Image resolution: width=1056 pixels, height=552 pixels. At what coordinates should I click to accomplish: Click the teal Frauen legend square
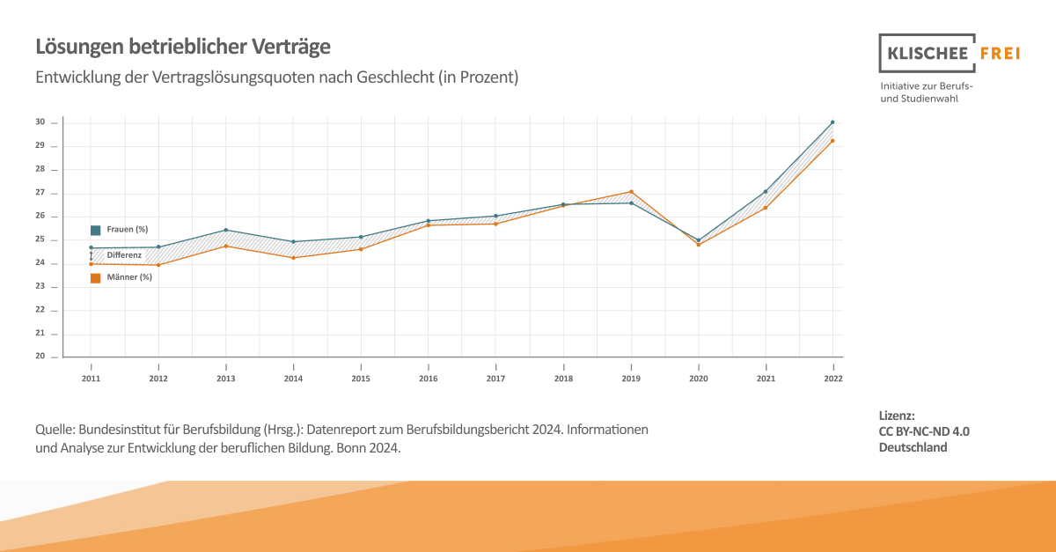point(95,230)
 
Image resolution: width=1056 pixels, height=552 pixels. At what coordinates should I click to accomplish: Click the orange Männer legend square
point(95,278)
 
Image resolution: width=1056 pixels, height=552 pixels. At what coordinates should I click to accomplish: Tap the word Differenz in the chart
point(124,254)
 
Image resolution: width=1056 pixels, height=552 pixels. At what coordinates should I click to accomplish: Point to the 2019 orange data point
point(631,192)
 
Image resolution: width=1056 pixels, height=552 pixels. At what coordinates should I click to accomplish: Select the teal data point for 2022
point(832,122)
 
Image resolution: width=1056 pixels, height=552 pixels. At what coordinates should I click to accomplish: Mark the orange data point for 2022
point(832,141)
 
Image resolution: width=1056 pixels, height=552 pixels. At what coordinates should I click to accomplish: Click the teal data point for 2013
point(226,230)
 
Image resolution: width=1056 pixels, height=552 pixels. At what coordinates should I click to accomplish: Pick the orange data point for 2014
point(293,258)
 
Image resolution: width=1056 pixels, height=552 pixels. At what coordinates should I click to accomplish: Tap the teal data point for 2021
point(766,191)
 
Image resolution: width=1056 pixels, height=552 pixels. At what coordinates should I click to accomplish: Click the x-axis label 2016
point(428,379)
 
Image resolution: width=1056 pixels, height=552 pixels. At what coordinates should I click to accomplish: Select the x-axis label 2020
point(698,379)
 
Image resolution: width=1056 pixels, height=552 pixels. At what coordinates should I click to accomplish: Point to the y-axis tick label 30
point(40,122)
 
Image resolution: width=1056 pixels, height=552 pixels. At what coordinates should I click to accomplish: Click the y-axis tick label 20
point(40,357)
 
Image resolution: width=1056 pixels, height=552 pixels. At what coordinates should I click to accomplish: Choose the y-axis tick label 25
point(40,239)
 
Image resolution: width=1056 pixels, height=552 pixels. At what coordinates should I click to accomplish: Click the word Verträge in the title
point(287,46)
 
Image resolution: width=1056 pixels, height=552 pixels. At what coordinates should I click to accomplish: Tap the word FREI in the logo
point(1000,54)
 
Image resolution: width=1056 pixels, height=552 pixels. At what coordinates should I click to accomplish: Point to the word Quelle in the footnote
point(55,430)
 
